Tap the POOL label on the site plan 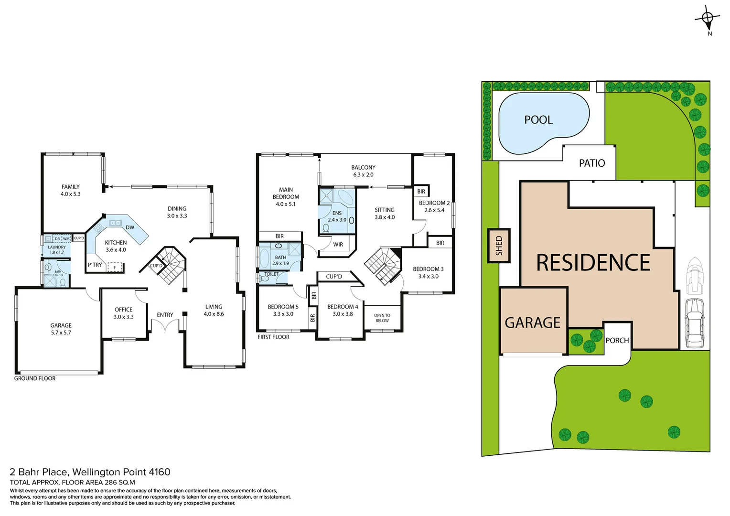coord(538,120)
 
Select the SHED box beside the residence coord(499,246)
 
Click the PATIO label coord(591,163)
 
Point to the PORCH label coord(617,341)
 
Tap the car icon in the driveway coord(694,323)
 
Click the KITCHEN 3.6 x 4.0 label coord(116,246)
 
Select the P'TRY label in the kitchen coord(95,265)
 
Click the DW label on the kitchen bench coord(130,227)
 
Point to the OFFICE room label coord(123,313)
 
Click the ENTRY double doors coord(165,327)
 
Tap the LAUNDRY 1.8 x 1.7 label coord(57,249)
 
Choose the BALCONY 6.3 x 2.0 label coord(363,171)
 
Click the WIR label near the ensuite coord(338,245)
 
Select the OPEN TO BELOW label coord(382,318)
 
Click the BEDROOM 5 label coord(283,310)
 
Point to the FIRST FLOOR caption coord(273,337)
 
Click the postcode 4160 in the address coord(160,472)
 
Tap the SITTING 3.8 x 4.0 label coord(385,214)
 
